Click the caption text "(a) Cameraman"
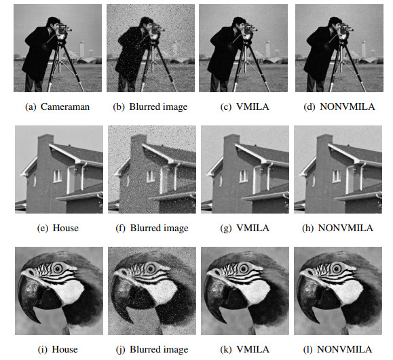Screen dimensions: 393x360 (58, 107)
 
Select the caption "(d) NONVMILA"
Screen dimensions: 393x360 (339, 107)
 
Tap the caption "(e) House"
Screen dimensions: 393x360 (58, 228)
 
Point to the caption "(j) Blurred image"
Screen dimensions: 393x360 (152, 349)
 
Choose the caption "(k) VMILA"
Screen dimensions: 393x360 (244, 349)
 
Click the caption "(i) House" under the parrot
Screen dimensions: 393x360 (58, 349)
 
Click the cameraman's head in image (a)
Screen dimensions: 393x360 (54, 23)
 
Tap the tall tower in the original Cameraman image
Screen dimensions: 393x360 (81, 49)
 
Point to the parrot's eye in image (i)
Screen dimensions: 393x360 (58, 268)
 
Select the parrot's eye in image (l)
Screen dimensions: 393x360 (337, 268)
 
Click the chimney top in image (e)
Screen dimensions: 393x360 (45, 137)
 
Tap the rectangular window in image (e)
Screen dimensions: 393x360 (58, 176)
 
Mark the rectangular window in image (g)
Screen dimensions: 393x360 (243, 176)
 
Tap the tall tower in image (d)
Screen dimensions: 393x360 (363, 49)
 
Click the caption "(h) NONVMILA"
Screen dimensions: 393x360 (338, 228)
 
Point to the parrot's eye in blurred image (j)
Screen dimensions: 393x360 (151, 268)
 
